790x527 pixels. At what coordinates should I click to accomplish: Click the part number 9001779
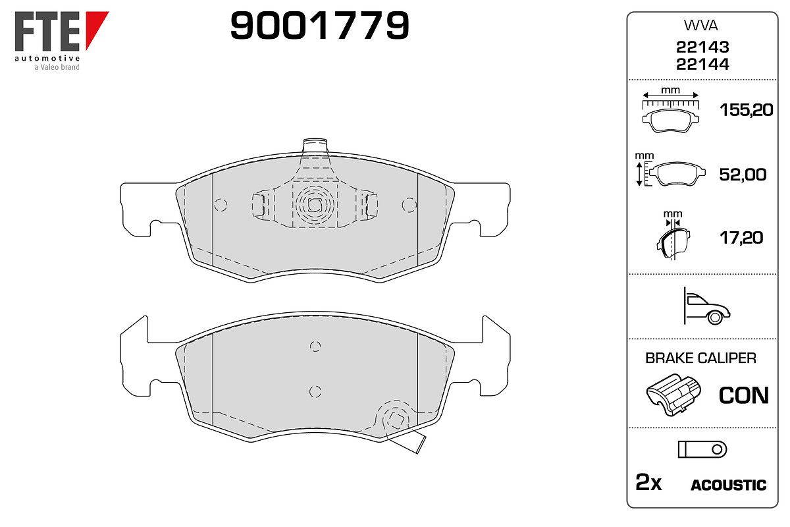pos(319,26)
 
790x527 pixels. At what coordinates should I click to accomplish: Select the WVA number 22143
pos(702,47)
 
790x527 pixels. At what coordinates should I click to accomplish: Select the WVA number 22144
pos(702,65)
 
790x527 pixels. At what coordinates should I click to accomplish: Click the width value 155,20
pos(747,110)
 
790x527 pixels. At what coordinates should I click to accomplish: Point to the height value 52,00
pos(743,175)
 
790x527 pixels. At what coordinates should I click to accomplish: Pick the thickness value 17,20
pos(741,238)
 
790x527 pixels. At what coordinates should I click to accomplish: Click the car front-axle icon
pos(707,306)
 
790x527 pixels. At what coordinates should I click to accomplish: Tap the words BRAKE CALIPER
pos(700,358)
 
